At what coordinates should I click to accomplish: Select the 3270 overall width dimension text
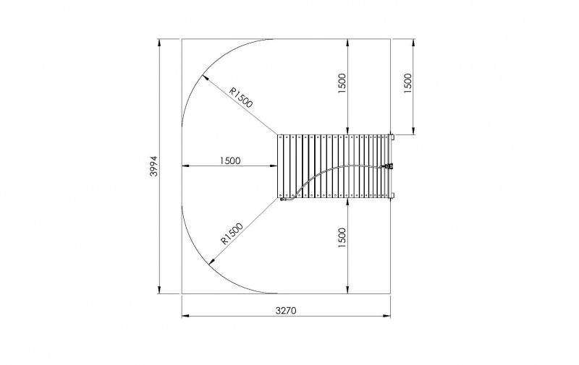[x=286, y=310]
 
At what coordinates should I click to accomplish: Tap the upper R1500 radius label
[x=241, y=97]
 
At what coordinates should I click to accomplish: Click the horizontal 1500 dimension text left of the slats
[x=229, y=160]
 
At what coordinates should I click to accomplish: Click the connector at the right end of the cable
[x=389, y=166]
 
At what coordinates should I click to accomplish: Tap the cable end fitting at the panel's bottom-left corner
[x=284, y=201]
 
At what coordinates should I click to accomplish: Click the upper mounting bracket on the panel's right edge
[x=392, y=137]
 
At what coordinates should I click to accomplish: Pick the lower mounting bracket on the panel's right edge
[x=392, y=196]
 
